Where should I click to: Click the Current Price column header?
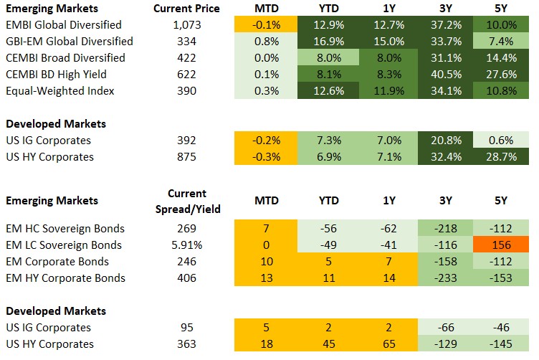point(187,9)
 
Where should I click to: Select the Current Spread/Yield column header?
point(187,201)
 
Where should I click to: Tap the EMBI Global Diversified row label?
point(59,25)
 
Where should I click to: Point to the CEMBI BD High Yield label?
point(54,75)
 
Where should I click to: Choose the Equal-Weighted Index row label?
point(50,91)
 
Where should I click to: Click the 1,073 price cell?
point(187,25)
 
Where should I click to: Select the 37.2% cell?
point(444,25)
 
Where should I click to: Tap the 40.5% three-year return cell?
point(444,75)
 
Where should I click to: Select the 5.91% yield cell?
point(187,245)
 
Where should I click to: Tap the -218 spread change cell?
point(444,229)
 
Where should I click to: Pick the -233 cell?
point(444,278)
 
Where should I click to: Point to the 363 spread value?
point(187,344)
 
